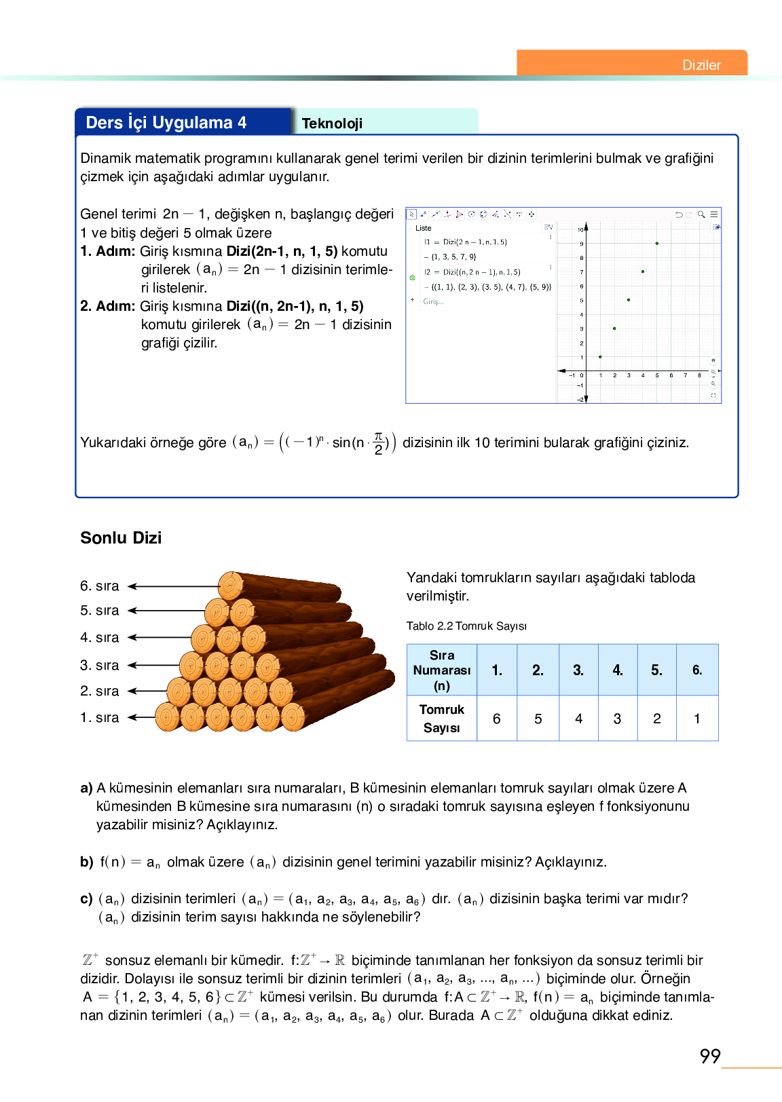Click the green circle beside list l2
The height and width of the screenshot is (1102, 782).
pos(412,278)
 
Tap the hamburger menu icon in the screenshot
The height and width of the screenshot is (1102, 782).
pos(714,214)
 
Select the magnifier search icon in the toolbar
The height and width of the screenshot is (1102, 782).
pos(701,214)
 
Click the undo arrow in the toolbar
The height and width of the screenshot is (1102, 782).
pos(678,214)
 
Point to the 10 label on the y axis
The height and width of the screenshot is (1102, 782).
pos(580,229)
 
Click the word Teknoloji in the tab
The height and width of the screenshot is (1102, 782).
pos(332,123)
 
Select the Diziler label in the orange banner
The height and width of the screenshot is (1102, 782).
pos(701,65)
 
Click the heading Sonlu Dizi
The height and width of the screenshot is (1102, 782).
pos(121,538)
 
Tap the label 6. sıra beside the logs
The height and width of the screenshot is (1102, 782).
pos(99,586)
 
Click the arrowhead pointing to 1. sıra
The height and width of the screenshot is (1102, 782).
pos(132,717)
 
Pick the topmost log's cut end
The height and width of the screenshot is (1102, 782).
pos(231,586)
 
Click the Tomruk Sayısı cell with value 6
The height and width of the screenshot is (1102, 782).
pos(496,719)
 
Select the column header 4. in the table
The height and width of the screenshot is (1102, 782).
pos(618,670)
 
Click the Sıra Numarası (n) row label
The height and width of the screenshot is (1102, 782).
pos(441,670)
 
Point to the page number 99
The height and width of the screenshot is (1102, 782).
pos(710,1056)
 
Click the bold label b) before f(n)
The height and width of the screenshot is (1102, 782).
pos(86,862)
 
